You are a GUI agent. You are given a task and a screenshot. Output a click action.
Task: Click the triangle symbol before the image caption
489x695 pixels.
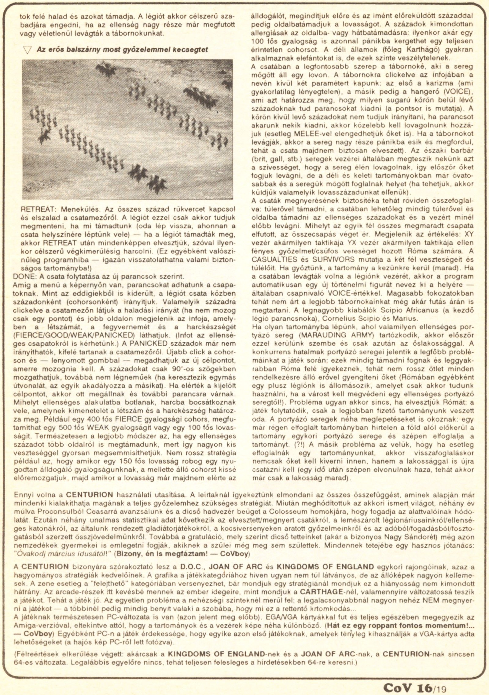click(x=28, y=50)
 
